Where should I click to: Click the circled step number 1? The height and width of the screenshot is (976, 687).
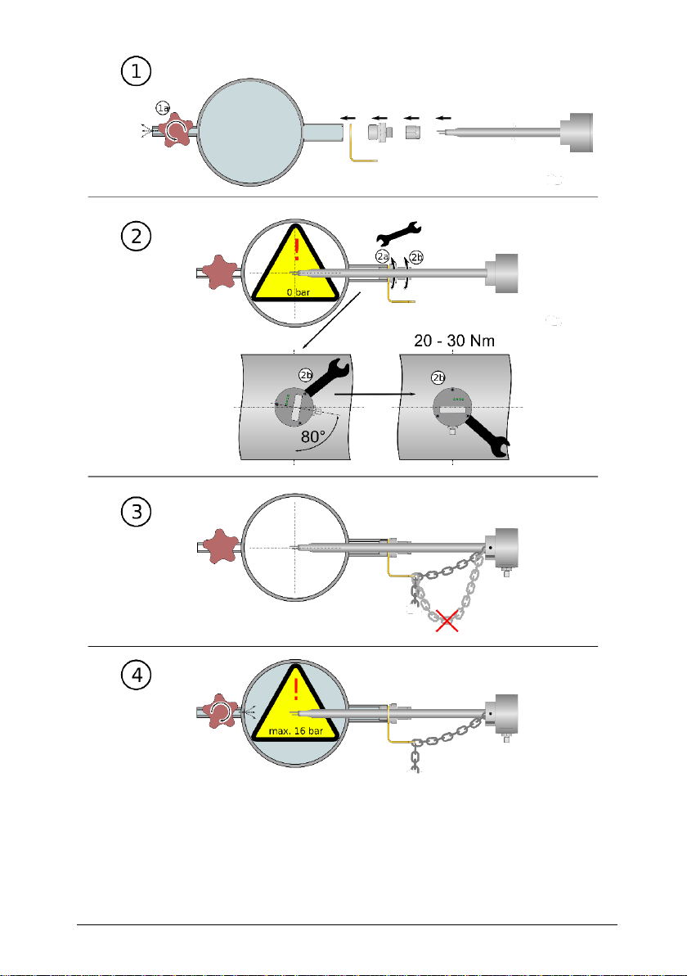point(135,71)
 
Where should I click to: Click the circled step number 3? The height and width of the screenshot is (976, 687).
point(135,514)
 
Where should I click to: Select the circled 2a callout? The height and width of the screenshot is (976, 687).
point(382,257)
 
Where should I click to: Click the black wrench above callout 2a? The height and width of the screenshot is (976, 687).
point(396,232)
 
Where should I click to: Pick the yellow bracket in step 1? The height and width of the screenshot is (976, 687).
point(358,147)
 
